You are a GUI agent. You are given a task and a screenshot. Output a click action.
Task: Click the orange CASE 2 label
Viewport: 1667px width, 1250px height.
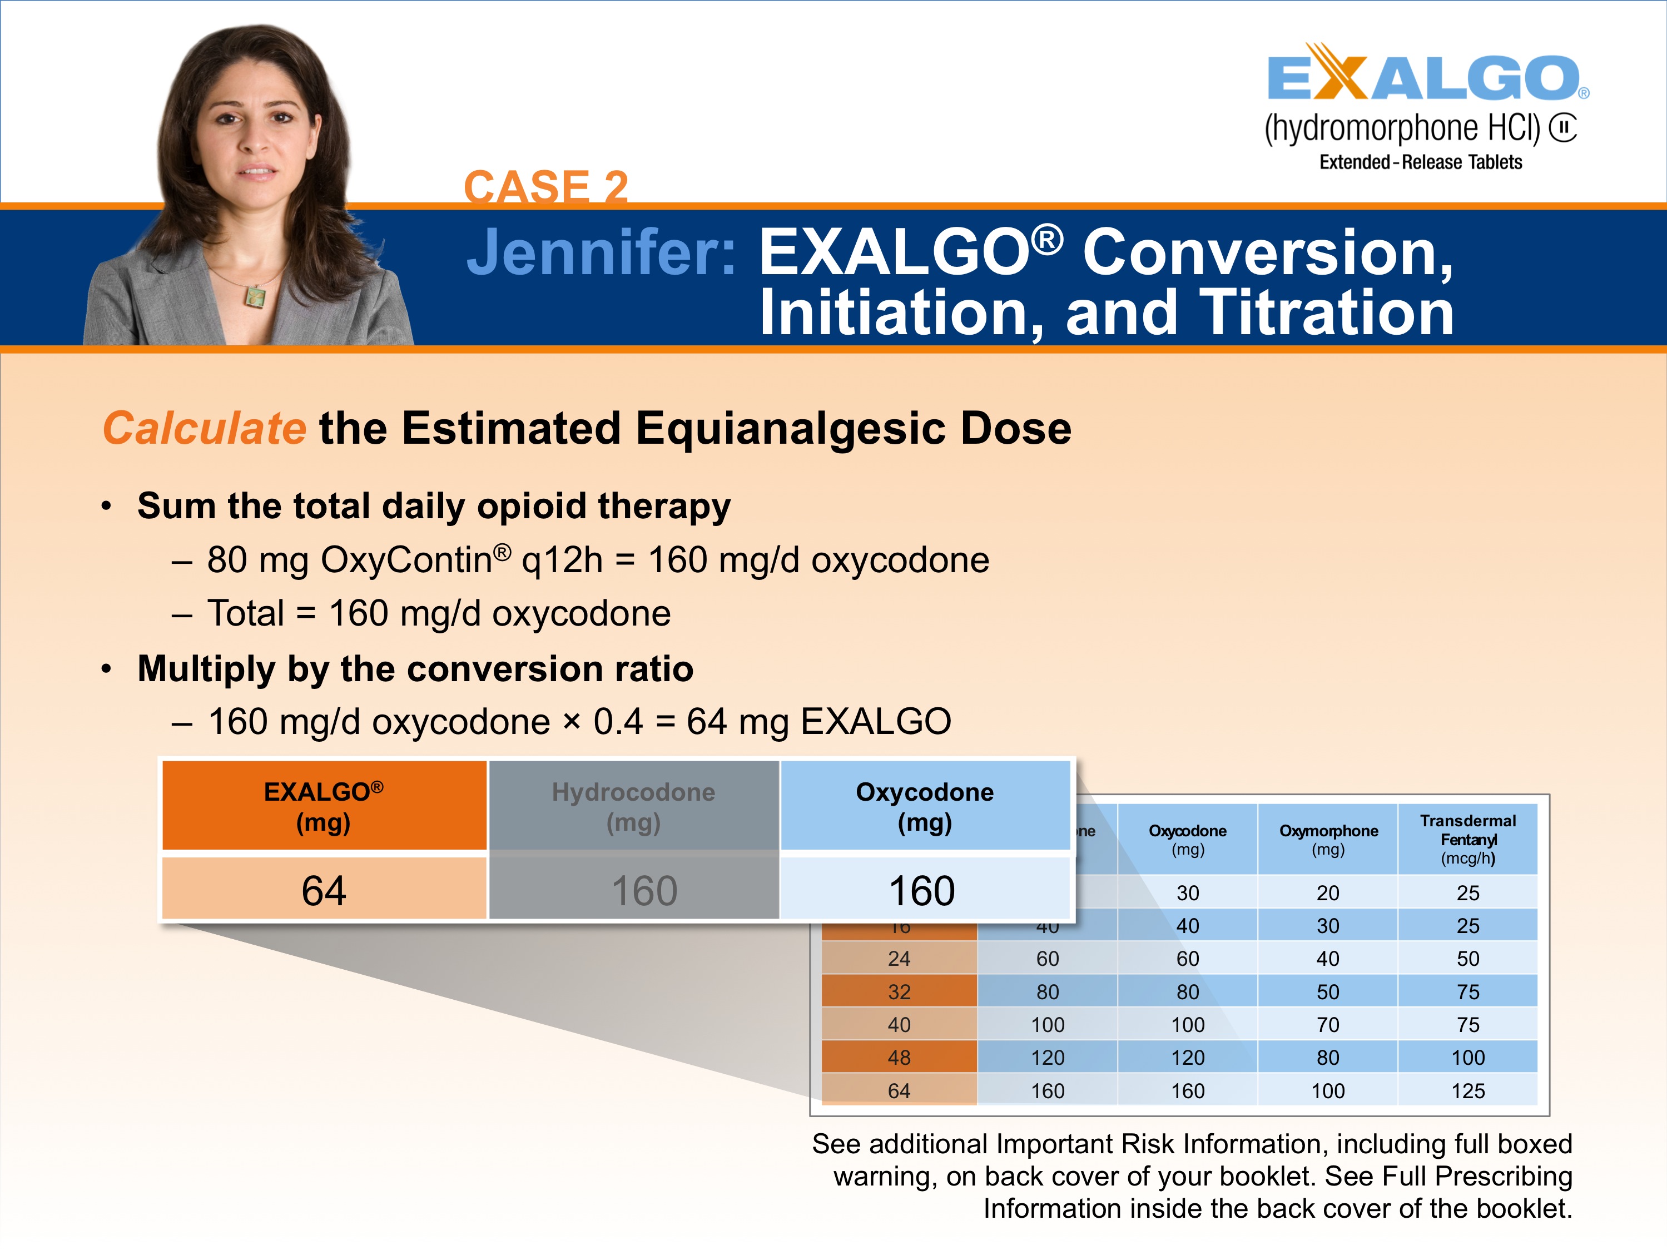545,186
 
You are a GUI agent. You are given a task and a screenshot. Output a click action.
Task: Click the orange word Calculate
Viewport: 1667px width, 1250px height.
204,428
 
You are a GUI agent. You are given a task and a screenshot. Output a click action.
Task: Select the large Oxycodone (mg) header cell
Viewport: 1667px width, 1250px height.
925,806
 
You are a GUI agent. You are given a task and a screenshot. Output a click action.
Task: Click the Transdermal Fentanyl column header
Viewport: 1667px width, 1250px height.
1467,839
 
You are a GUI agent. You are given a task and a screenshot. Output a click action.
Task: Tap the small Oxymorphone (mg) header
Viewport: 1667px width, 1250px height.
1328,839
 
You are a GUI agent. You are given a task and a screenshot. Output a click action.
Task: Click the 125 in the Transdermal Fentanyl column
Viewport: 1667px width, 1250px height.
1467,1090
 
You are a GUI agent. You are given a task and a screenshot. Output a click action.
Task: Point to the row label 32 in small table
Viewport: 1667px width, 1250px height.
899,991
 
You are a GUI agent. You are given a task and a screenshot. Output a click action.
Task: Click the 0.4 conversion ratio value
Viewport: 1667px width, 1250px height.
618,722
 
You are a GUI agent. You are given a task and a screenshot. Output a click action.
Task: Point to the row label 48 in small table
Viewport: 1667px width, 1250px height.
899,1057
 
